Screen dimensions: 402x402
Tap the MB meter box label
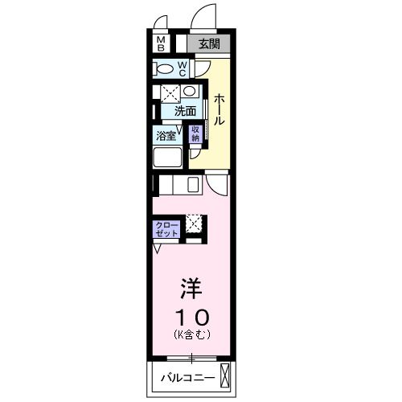coord(161,44)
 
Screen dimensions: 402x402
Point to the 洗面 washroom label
coord(185,111)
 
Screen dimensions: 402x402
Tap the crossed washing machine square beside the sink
coord(170,92)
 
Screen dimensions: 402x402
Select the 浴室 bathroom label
coord(166,135)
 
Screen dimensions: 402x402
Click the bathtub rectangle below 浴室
coord(168,156)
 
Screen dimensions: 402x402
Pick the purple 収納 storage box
coord(195,133)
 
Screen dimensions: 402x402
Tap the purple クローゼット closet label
coord(167,228)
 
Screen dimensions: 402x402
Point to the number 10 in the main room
coord(191,314)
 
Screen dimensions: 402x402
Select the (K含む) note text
coord(191,333)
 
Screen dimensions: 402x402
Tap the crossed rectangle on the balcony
coord(224,375)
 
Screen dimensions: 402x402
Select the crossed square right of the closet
coord(195,223)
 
